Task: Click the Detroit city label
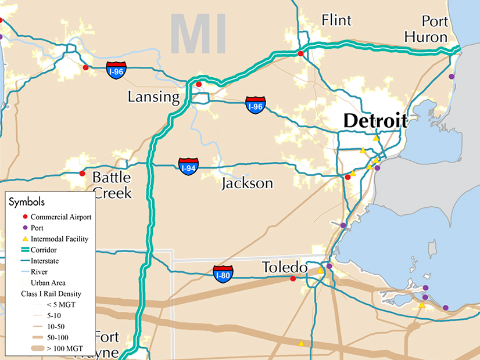[375, 121]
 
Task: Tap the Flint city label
[336, 21]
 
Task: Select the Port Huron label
[435, 30]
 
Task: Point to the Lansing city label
[154, 96]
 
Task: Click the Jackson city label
[247, 183]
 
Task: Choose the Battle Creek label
[112, 185]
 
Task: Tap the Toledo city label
[284, 268]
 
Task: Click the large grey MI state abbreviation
[198, 35]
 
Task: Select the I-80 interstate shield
[223, 273]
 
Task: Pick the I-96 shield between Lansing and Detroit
[256, 105]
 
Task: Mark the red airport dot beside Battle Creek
[82, 174]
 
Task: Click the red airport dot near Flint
[300, 53]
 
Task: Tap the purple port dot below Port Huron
[452, 76]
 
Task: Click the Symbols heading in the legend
[27, 201]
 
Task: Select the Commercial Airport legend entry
[60, 217]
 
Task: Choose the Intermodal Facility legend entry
[59, 239]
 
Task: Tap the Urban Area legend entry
[48, 282]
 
